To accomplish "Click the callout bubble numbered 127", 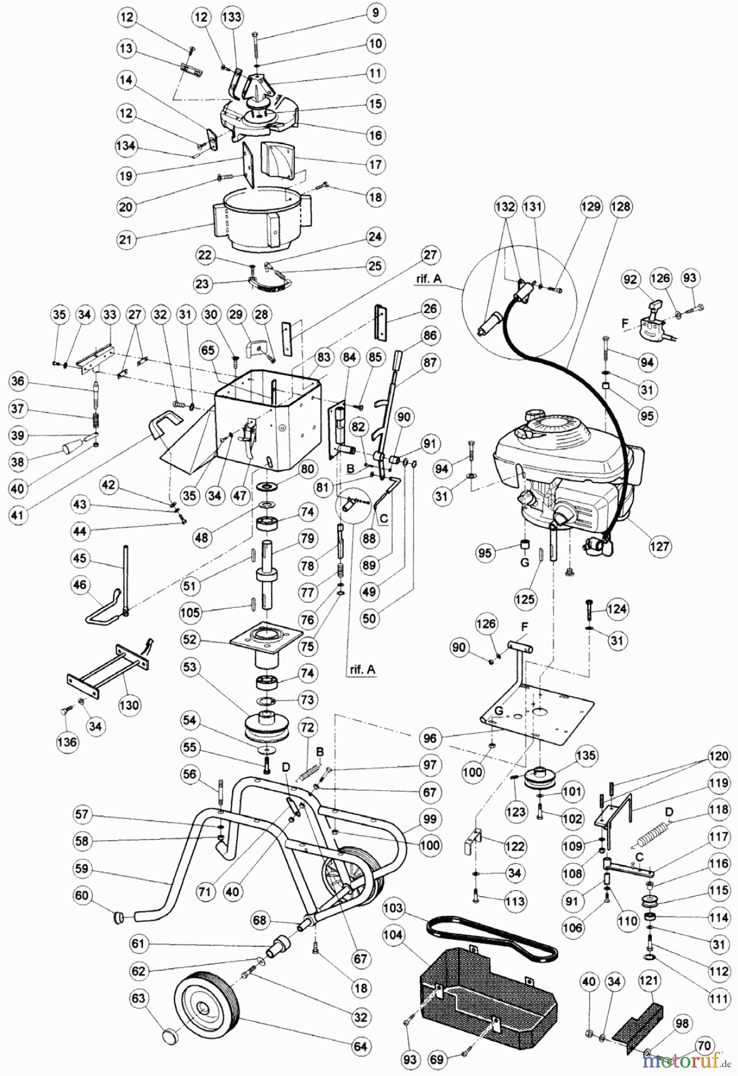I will [x=660, y=545].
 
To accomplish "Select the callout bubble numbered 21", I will [x=127, y=240].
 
